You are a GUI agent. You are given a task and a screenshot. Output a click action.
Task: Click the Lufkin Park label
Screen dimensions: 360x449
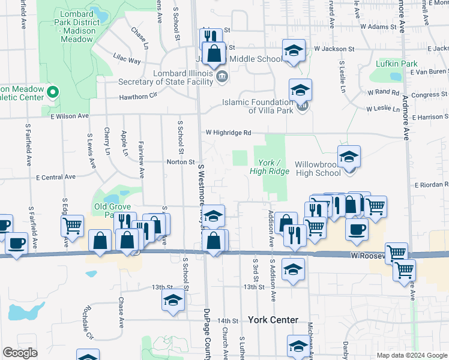pos(396,64)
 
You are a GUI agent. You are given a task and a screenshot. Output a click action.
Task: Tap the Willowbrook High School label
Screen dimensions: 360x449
pos(318,168)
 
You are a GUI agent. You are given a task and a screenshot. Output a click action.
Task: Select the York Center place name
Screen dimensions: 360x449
pos(272,320)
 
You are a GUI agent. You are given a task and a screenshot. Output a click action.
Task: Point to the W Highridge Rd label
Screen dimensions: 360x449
pos(228,133)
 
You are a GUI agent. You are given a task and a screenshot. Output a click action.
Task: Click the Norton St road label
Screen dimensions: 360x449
pos(179,162)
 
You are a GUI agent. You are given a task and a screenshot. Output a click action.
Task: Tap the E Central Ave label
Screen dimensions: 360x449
pos(56,177)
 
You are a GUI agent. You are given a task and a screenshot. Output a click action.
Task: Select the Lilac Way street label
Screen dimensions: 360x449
pos(127,61)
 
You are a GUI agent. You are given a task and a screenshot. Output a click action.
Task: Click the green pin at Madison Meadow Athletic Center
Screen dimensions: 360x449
pos(52,92)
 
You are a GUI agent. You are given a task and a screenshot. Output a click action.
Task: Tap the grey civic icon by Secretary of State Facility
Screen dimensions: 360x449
pos(221,75)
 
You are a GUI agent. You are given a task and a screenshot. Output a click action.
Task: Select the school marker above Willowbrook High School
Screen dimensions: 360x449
pos(349,157)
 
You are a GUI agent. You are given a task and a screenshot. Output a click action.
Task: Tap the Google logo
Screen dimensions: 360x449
pos(20,353)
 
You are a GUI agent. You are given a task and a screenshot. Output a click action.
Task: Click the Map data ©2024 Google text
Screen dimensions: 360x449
pos(411,355)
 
